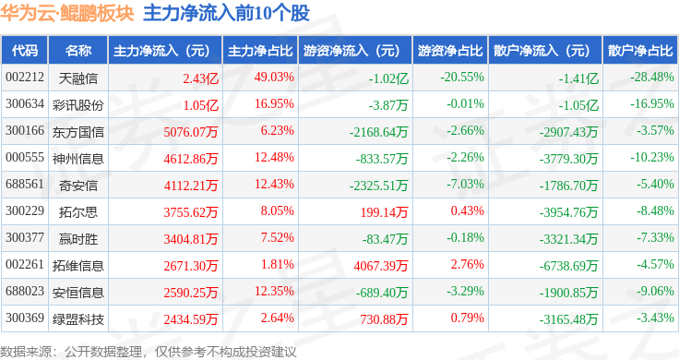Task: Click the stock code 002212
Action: click(x=25, y=78)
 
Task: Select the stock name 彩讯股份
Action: click(x=77, y=105)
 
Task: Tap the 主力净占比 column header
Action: click(x=260, y=51)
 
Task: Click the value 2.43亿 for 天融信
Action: click(x=200, y=78)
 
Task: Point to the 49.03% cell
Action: click(x=274, y=78)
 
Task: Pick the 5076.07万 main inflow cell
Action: click(x=191, y=132)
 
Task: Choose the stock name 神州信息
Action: click(x=77, y=159)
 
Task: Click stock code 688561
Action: click(x=25, y=184)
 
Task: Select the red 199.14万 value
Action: click(x=384, y=211)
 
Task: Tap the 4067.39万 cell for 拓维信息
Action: click(x=381, y=266)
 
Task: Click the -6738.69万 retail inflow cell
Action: click(x=568, y=266)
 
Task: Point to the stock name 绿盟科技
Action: click(x=77, y=319)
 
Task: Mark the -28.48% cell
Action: click(x=652, y=78)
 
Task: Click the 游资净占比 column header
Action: click(x=450, y=51)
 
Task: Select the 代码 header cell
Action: click(x=25, y=51)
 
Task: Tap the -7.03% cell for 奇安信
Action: click(x=465, y=184)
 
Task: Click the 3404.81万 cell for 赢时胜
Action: click(x=191, y=239)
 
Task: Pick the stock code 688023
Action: click(x=25, y=291)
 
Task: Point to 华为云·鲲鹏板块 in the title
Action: click(x=67, y=13)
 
